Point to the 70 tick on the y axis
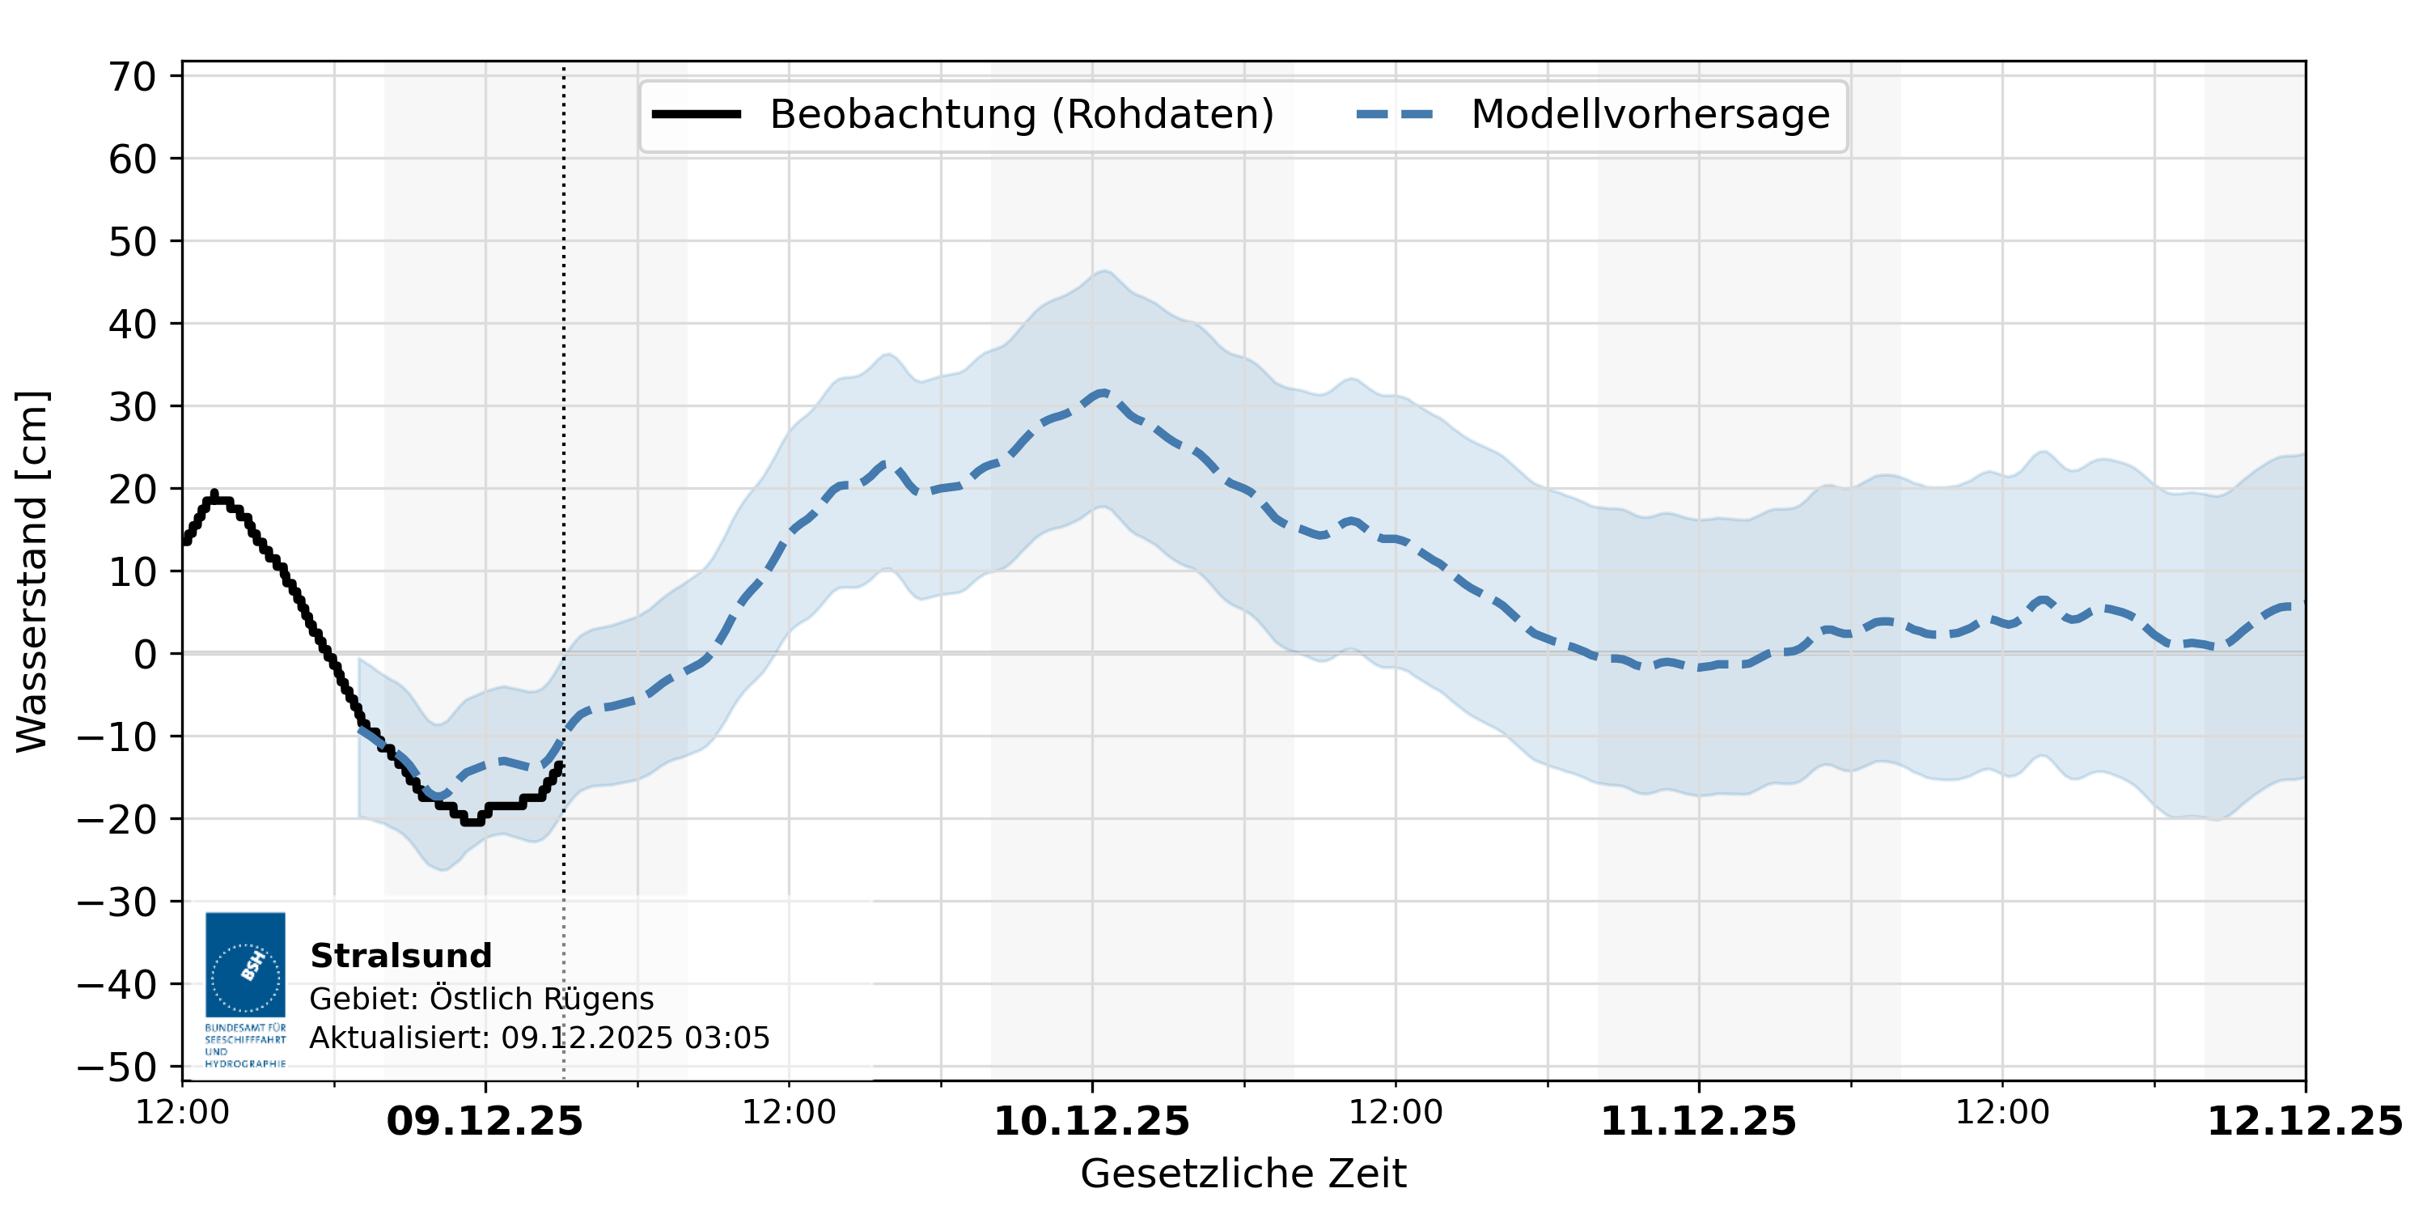(133, 76)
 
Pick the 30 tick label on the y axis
(133, 407)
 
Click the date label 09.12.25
(485, 1122)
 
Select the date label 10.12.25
(1091, 1122)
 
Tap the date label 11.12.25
(1698, 1122)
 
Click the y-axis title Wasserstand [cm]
(32, 571)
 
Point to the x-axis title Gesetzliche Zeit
(1243, 1174)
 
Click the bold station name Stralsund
(400, 956)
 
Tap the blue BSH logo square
(245, 964)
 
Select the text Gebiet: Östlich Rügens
(481, 998)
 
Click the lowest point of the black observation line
(472, 821)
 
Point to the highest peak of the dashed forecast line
(1101, 392)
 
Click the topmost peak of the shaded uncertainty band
(1104, 271)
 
